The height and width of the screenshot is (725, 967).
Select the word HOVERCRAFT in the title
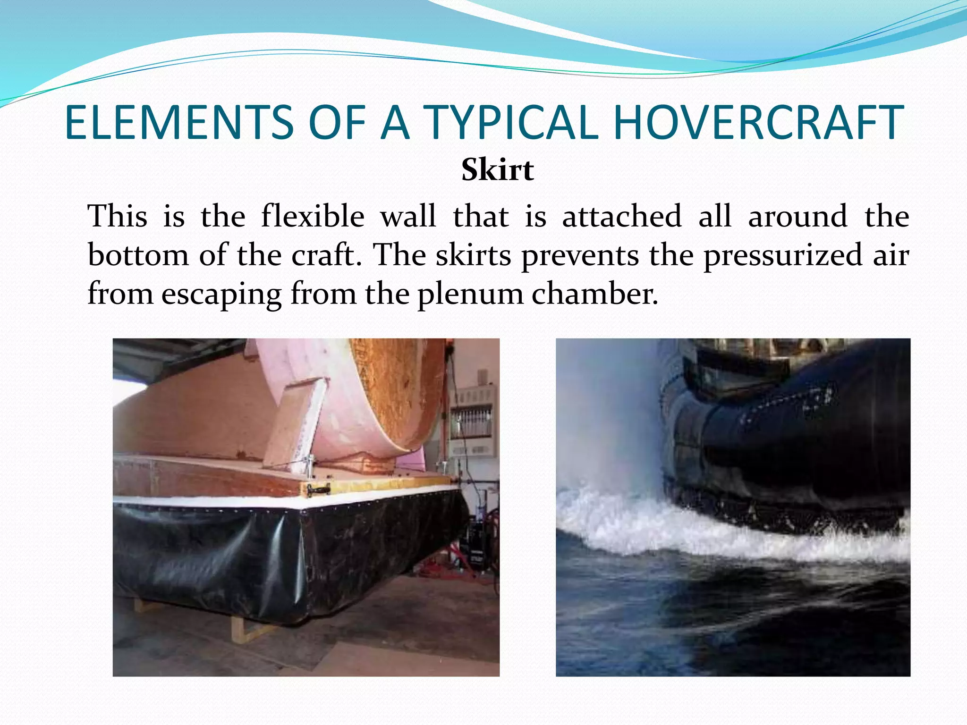click(x=758, y=122)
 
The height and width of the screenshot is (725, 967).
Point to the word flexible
click(x=313, y=217)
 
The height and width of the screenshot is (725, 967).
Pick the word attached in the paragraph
click(x=622, y=217)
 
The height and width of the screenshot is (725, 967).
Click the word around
click(x=798, y=217)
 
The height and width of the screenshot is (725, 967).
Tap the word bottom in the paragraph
click(x=138, y=255)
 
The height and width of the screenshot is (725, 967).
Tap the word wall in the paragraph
click(x=408, y=217)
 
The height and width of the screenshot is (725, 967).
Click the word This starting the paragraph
click(x=118, y=217)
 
